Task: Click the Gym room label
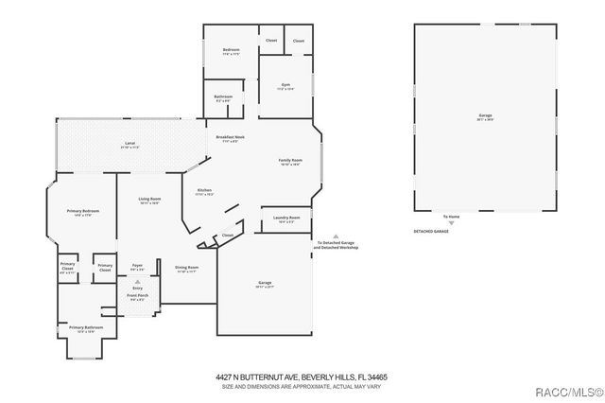[x=286, y=86]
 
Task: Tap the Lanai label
[x=130, y=145]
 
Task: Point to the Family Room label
[x=289, y=162]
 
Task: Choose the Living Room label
[x=149, y=200]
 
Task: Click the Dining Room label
[x=186, y=268]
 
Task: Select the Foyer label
[x=136, y=267]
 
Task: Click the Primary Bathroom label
[x=85, y=328]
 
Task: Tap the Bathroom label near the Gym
[x=223, y=97]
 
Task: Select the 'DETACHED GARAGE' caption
[x=432, y=231]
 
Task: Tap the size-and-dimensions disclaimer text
[x=302, y=386]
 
